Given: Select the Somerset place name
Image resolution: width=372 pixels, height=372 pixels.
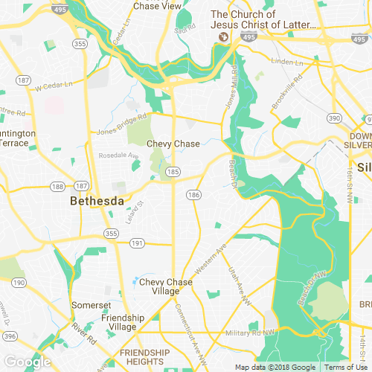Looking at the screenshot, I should click(x=91, y=305).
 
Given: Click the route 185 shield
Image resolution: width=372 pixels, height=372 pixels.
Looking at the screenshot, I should click(x=173, y=172).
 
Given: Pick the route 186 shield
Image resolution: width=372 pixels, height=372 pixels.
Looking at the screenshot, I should click(x=194, y=195).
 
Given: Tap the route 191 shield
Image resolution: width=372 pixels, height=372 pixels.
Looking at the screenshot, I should click(x=136, y=243).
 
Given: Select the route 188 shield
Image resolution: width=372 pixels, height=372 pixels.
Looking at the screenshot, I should click(x=58, y=185).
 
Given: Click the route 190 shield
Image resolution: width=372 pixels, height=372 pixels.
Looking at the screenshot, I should click(x=18, y=283).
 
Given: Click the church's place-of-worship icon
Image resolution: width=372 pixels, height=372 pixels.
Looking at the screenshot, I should click(x=222, y=36).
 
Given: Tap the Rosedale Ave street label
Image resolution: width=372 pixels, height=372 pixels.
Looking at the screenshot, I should click(x=119, y=156).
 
